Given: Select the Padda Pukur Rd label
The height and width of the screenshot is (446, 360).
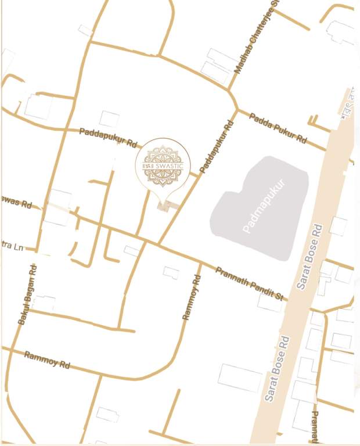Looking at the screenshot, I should pyautogui.click(x=278, y=128).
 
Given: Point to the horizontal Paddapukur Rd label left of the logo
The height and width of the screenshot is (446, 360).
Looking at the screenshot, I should pyautogui.click(x=110, y=137).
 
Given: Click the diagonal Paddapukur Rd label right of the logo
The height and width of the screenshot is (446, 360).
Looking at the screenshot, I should pyautogui.click(x=217, y=146).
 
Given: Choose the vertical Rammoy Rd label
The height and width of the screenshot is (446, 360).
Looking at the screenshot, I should pyautogui.click(x=191, y=297).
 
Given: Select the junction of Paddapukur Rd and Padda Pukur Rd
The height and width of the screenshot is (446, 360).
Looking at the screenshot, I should pyautogui.click(x=237, y=109).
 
